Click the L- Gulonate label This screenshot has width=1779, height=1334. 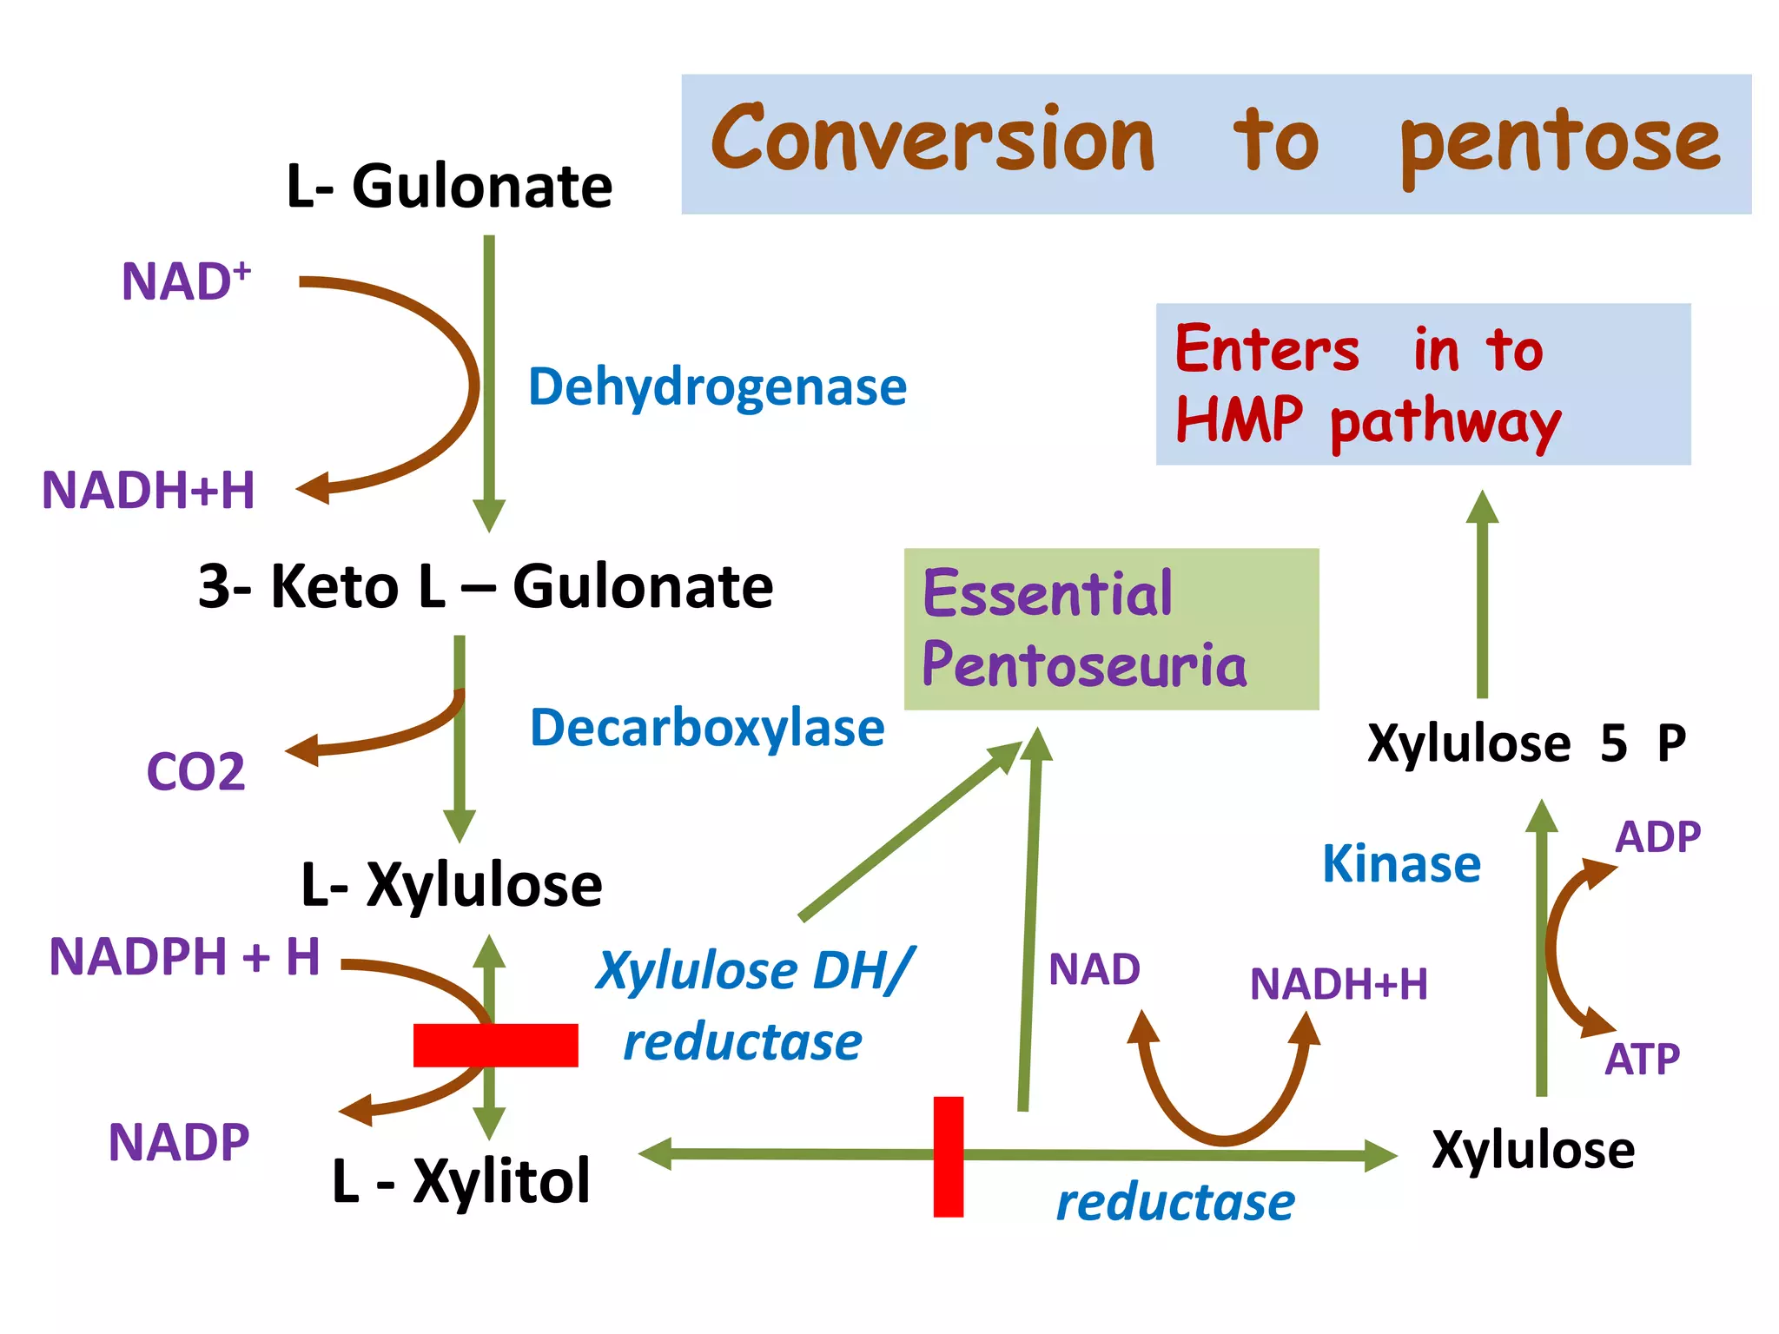tap(449, 187)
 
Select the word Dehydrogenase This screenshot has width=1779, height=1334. tap(718, 386)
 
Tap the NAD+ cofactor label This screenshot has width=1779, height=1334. tap(185, 281)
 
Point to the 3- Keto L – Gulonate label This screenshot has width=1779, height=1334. tap(485, 586)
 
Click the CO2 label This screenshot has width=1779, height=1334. tap(195, 771)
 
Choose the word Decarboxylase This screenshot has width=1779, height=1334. tap(707, 728)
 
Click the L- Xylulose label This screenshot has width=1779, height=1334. tap(451, 885)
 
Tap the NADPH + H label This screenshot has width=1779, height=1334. tap(184, 957)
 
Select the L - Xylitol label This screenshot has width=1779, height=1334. tap(461, 1181)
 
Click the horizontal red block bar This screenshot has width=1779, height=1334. tap(495, 1045)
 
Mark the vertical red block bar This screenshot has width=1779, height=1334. tap(948, 1156)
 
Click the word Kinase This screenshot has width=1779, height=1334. tap(1401, 864)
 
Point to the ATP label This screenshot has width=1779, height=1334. tap(1642, 1060)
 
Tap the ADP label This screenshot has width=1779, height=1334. tap(1657, 837)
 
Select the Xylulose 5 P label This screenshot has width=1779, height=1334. tap(1526, 743)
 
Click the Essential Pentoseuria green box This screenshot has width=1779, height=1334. tap(1111, 629)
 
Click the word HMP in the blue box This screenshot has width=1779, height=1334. tap(1239, 420)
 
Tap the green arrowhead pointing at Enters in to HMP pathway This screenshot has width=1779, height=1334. tap(1482, 507)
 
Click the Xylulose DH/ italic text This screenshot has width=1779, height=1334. tap(754, 970)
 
